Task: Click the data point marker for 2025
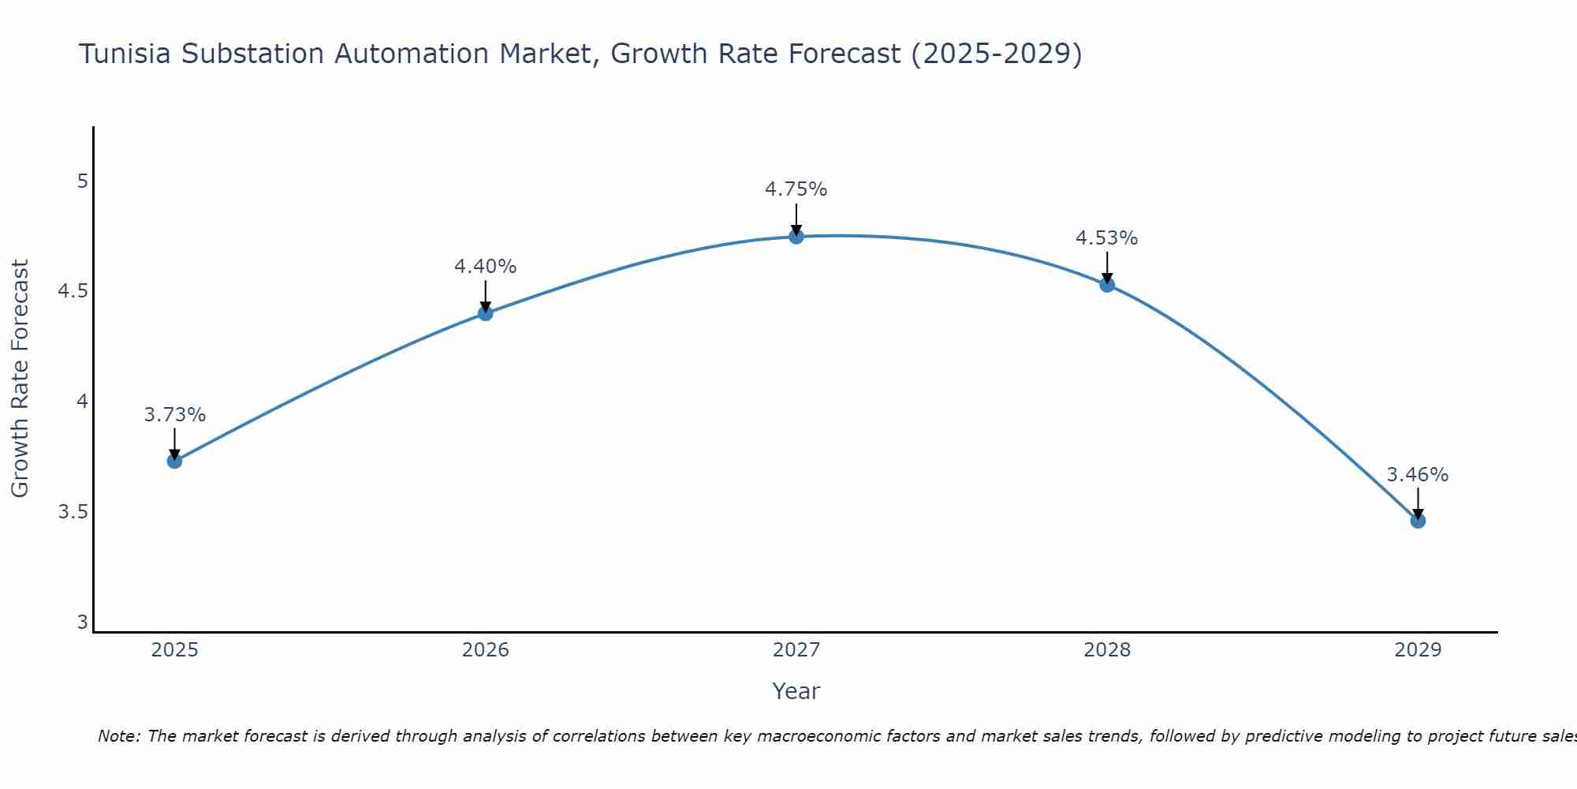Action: [x=174, y=461]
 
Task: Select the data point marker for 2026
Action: [x=485, y=313]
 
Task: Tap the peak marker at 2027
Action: [x=796, y=236]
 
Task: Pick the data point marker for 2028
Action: [x=1107, y=285]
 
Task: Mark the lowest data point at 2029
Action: [x=1418, y=521]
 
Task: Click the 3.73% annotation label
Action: [x=174, y=415]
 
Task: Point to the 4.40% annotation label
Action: [x=485, y=267]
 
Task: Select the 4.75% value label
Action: [x=796, y=189]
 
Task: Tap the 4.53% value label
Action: [x=1107, y=238]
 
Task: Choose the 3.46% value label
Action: [x=1418, y=475]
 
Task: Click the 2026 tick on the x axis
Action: [x=485, y=650]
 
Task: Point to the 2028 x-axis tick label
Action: [x=1107, y=650]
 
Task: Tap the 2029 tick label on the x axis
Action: [x=1418, y=650]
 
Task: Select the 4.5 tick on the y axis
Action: [x=73, y=292]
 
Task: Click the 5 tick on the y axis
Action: [x=82, y=181]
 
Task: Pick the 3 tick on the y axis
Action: [x=82, y=623]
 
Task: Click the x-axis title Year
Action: [x=796, y=691]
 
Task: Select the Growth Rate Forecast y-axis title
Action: [x=20, y=379]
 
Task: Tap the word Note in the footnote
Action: [x=118, y=736]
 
